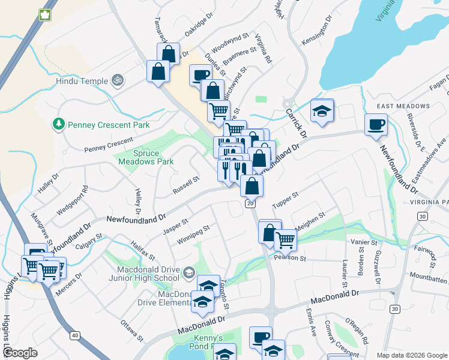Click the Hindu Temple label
pyautogui.click(x=81, y=81)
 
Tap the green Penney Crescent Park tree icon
pyautogui.click(x=59, y=124)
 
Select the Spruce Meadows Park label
pyautogui.click(x=145, y=157)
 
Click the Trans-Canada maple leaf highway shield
pyautogui.click(x=44, y=14)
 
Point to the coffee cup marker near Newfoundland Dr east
pyautogui.click(x=376, y=125)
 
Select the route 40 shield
pyautogui.click(x=74, y=335)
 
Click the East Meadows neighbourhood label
pyautogui.click(x=403, y=106)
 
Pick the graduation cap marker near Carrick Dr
pyautogui.click(x=322, y=111)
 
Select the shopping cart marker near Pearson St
pyautogui.click(x=285, y=240)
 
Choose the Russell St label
pyautogui.click(x=185, y=185)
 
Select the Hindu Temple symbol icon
pyautogui.click(x=118, y=80)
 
